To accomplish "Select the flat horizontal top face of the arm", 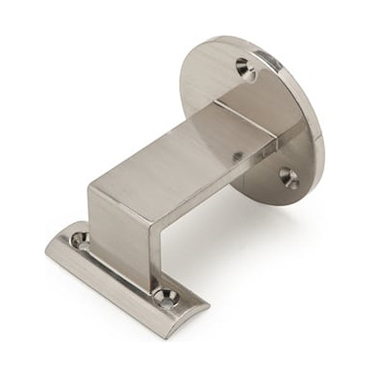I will (x=181, y=150).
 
